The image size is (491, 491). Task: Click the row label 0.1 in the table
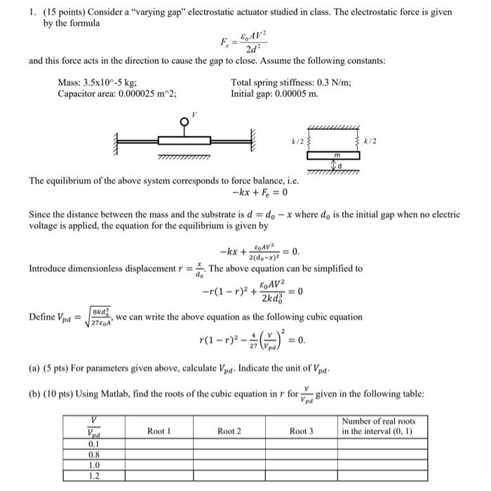pyautogui.click(x=93, y=444)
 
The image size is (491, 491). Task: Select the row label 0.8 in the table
pyautogui.click(x=93, y=454)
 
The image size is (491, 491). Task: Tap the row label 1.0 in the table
pyautogui.click(x=93, y=465)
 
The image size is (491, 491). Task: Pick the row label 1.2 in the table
pyautogui.click(x=93, y=476)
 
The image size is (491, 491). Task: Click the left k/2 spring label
pyautogui.click(x=298, y=143)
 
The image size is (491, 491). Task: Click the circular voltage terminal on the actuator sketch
pyautogui.click(x=184, y=121)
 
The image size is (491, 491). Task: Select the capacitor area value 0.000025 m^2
pyautogui.click(x=140, y=93)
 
